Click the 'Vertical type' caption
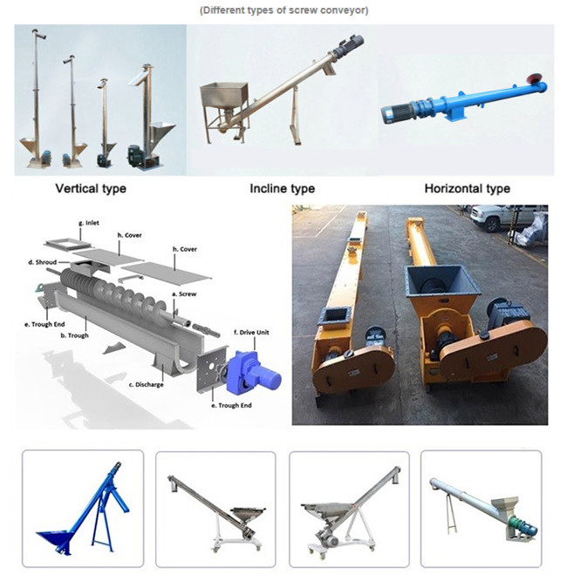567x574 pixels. pyautogui.click(x=91, y=188)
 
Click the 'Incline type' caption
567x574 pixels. pyautogui.click(x=283, y=188)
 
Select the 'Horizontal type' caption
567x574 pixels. pyautogui.click(x=468, y=188)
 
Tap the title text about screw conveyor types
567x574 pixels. pyautogui.click(x=283, y=10)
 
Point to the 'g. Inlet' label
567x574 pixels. pyautogui.click(x=88, y=223)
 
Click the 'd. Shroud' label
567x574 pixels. pyautogui.click(x=43, y=261)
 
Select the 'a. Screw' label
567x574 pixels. pyautogui.click(x=186, y=295)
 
